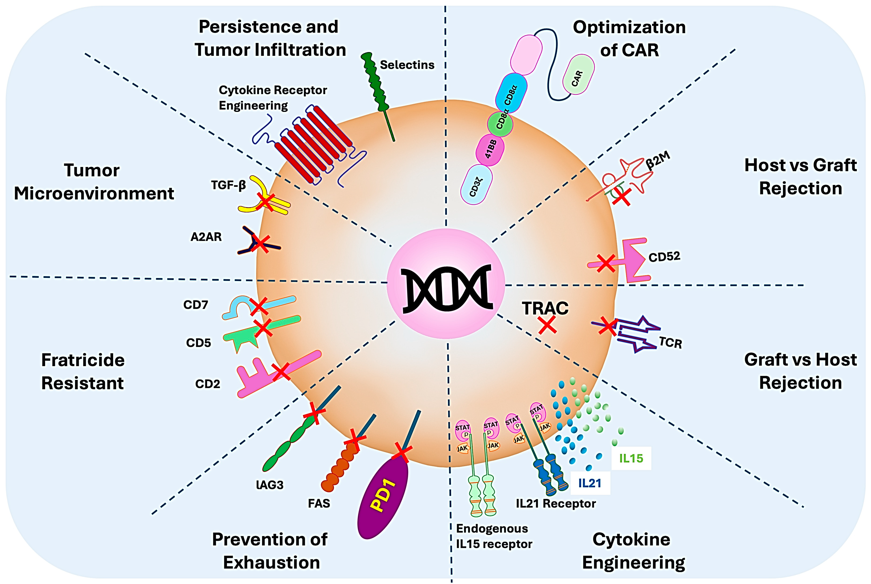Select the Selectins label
pyautogui.click(x=407, y=65)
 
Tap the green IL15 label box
pyautogui.click(x=631, y=458)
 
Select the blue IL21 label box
pyautogui.click(x=590, y=483)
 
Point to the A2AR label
pyautogui.click(x=206, y=237)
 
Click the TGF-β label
pyautogui.click(x=228, y=185)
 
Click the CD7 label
pyautogui.click(x=196, y=305)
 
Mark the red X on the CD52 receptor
pyautogui.click(x=606, y=263)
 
